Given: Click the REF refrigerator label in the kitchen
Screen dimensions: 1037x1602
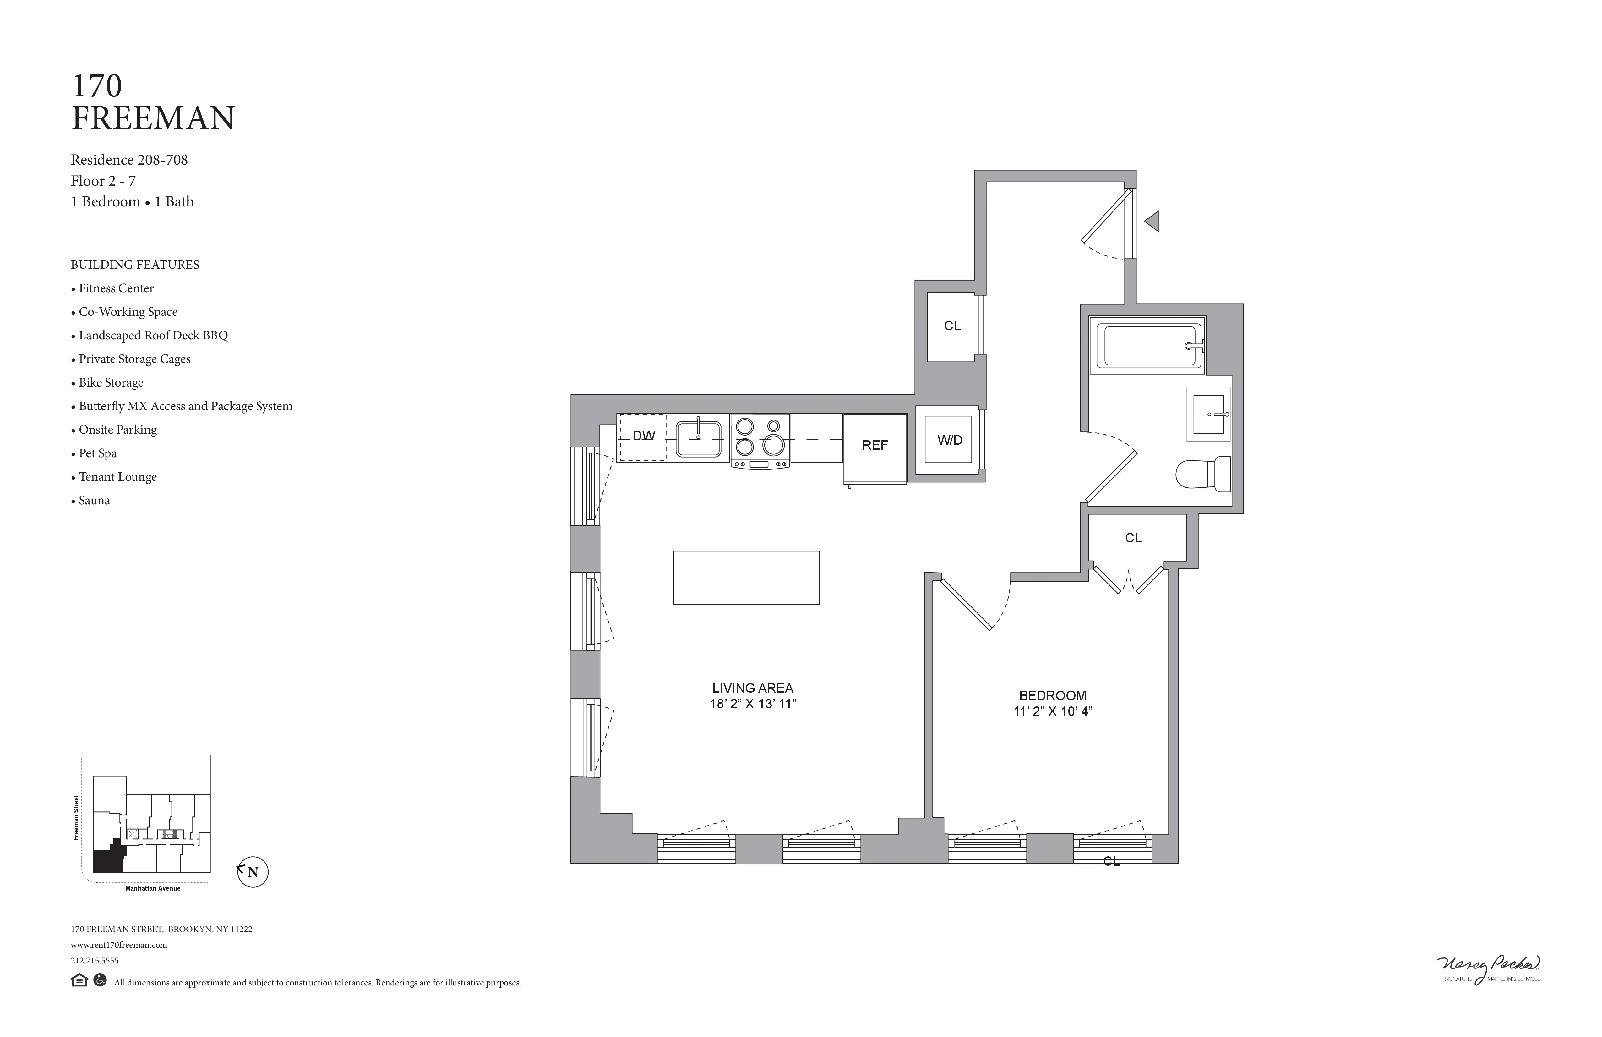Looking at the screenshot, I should [875, 445].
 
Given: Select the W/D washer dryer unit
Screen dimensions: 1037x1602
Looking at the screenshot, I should [949, 440].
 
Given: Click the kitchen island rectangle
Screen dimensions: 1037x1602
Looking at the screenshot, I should [746, 578].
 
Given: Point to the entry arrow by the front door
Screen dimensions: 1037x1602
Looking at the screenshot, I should [1152, 221].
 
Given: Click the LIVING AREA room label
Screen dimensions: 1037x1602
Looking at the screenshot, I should [753, 688].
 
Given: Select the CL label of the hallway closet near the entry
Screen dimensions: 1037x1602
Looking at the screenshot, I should [952, 326].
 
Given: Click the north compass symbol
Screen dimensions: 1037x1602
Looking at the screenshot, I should [253, 872].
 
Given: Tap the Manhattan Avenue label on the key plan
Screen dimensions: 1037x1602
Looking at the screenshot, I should [153, 888].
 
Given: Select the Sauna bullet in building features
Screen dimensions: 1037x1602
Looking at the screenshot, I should [94, 500].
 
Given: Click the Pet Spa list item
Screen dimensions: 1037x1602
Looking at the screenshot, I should [98, 453].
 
